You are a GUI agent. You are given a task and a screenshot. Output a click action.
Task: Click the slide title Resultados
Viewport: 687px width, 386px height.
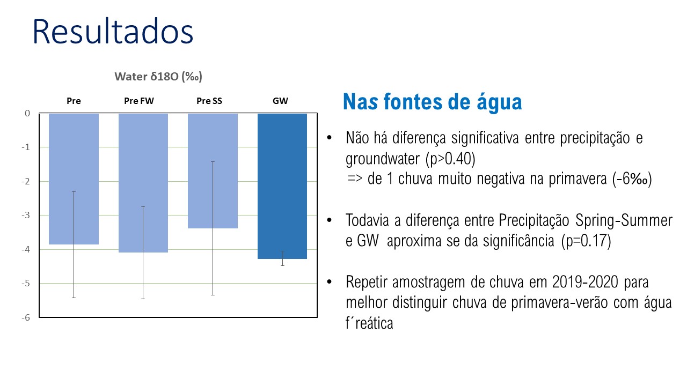click(113, 32)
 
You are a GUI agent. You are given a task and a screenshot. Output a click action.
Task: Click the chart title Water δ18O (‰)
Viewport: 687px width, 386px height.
click(158, 77)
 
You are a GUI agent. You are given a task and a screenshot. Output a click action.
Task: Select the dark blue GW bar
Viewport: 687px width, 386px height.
click(282, 186)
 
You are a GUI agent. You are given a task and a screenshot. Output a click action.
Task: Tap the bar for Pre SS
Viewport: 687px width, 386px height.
click(213, 171)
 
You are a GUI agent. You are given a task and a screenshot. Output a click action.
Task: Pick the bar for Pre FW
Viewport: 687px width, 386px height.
click(143, 183)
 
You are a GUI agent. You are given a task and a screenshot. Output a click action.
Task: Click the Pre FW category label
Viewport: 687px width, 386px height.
click(139, 101)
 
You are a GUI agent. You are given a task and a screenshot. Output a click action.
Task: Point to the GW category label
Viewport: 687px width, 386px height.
click(280, 101)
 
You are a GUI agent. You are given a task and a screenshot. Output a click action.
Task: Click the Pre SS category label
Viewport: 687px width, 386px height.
click(209, 101)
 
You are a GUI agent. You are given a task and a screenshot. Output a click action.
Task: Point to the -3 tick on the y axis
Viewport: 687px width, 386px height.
click(26, 216)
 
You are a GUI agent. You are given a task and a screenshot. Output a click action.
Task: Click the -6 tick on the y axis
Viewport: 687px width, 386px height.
click(26, 318)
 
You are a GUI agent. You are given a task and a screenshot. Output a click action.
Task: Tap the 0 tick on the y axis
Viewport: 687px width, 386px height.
click(27, 113)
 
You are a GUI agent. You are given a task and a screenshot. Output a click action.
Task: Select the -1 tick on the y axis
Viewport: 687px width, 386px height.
click(26, 147)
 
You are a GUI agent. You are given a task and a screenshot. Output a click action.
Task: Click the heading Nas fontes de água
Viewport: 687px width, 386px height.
click(433, 102)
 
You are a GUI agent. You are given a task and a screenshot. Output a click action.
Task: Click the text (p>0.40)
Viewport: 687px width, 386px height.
click(450, 159)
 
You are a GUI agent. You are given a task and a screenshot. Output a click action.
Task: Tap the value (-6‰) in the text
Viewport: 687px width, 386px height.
click(632, 179)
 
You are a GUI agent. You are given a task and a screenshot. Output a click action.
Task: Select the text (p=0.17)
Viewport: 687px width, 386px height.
click(587, 241)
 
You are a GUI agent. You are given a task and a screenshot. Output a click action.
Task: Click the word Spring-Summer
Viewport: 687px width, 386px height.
click(624, 220)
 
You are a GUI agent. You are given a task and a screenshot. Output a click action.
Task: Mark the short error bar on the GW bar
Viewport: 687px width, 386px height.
click(282, 258)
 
